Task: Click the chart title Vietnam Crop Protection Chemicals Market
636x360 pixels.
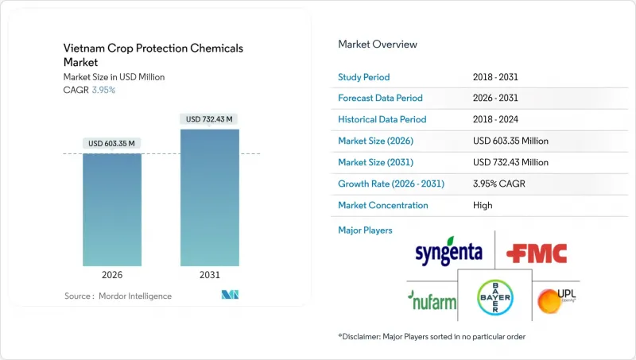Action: [153, 55]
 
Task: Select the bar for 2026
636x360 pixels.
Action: [112, 210]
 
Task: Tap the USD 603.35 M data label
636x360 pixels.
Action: [112, 143]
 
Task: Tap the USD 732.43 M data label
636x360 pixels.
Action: [210, 119]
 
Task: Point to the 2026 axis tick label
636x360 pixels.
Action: [112, 275]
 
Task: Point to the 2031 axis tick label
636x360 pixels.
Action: [210, 275]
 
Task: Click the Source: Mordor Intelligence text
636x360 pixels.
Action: [118, 296]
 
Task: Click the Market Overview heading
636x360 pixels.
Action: [378, 45]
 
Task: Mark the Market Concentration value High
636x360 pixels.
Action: [483, 205]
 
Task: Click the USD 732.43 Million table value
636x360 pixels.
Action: [510, 162]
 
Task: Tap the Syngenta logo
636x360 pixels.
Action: [449, 251]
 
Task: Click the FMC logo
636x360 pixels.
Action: [538, 254]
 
